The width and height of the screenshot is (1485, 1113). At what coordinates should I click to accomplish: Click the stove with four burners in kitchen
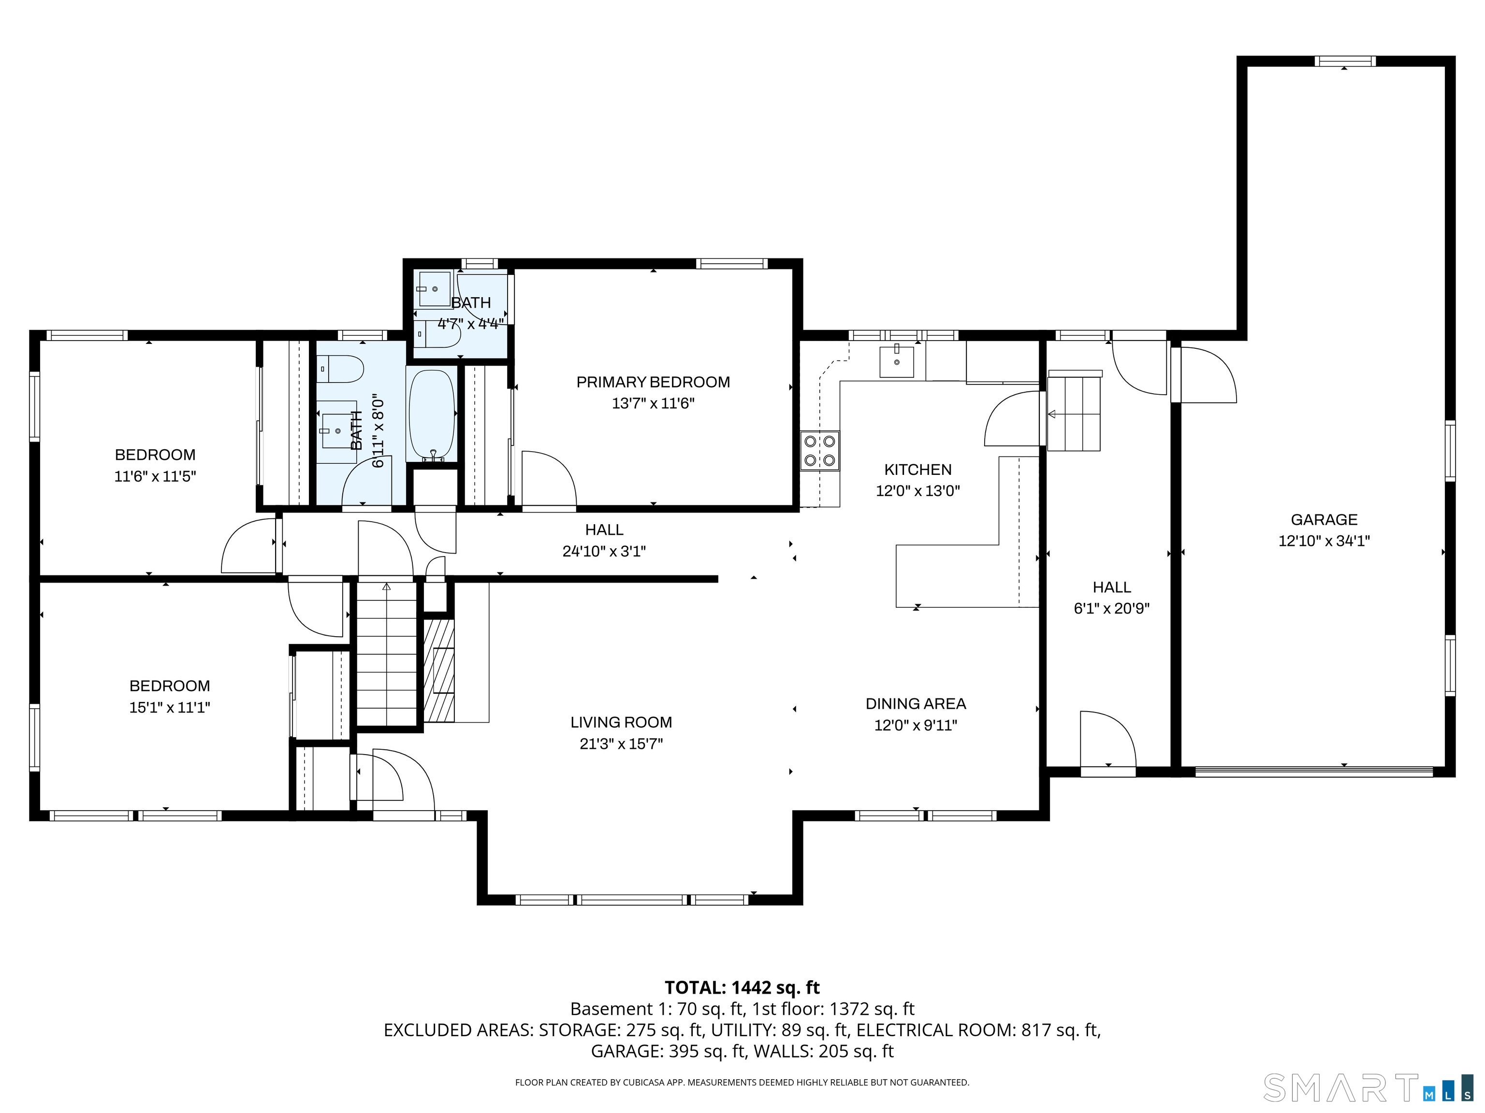(x=820, y=450)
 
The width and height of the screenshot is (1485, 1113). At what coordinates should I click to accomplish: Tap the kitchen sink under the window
(x=896, y=362)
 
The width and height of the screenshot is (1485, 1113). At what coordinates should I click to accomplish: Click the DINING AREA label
(x=915, y=704)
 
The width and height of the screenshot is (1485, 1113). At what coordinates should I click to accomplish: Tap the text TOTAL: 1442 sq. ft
(x=742, y=987)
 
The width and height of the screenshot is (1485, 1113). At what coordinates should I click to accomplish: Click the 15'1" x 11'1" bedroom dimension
(x=169, y=708)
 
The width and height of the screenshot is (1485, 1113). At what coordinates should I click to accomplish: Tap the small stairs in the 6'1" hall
(x=1074, y=413)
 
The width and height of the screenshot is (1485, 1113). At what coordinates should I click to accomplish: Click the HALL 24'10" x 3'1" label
(x=604, y=541)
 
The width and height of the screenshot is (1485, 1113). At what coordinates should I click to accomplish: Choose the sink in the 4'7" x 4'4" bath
(x=434, y=288)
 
